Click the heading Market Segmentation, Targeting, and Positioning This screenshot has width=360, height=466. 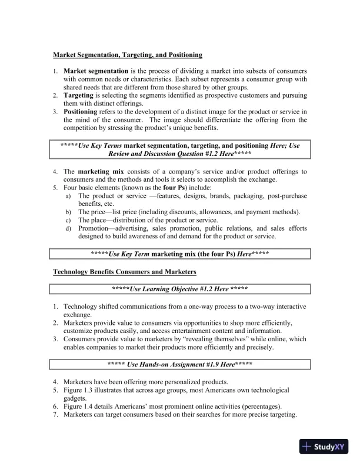coord(128,55)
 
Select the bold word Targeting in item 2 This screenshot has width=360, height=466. coord(78,95)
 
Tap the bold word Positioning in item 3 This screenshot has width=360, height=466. coord(81,111)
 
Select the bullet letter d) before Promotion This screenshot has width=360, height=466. coord(68,228)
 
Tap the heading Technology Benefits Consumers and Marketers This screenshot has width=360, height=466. coord(125,272)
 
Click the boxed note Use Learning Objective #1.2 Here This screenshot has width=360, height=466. coord(179,289)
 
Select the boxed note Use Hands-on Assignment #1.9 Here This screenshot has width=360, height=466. coord(179,364)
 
